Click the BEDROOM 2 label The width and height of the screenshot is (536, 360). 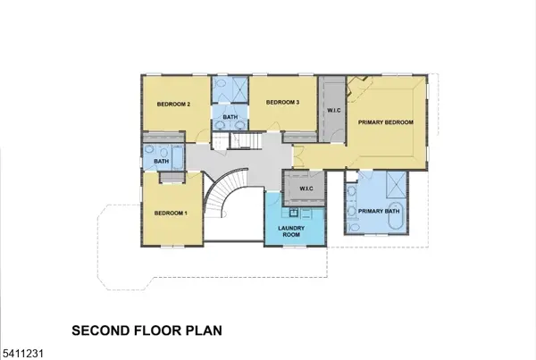coord(174,105)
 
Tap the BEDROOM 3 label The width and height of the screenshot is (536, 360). coord(283,102)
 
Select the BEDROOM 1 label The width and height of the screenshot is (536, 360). coord(170,213)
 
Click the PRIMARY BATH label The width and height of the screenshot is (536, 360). coord(376,212)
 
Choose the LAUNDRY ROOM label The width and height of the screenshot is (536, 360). coord(292,231)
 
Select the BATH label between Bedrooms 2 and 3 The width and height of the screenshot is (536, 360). coord(230,117)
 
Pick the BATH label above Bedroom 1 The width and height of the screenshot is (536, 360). coord(162,162)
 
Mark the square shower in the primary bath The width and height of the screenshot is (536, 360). coord(394,187)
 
